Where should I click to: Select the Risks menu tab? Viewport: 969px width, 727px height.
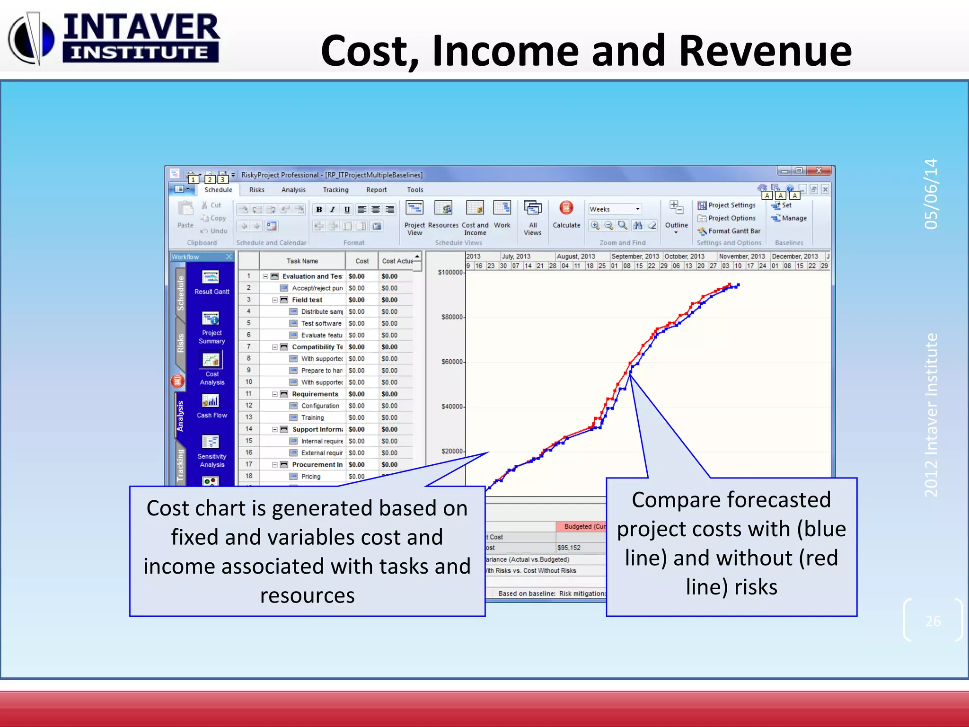[256, 190]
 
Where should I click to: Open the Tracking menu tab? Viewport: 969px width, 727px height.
[335, 190]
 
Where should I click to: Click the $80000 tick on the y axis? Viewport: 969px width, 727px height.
[452, 317]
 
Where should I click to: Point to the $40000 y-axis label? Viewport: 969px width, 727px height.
[452, 407]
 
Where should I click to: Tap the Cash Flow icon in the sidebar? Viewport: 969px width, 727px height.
[211, 406]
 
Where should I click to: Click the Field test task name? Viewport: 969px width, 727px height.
[307, 300]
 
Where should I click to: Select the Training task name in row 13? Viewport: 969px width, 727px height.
[312, 418]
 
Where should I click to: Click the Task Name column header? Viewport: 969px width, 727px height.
[302, 261]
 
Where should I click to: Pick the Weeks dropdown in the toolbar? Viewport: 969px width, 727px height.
[615, 209]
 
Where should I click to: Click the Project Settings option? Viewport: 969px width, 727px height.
[731, 205]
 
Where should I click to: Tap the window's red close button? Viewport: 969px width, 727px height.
[819, 171]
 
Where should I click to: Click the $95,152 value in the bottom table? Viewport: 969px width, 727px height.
[569, 548]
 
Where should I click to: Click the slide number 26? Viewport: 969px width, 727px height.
[933, 621]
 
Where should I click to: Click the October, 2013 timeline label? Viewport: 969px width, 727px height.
[684, 257]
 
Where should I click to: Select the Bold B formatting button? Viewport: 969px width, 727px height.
[319, 210]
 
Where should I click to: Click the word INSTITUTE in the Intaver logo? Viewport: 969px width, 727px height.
[140, 53]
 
